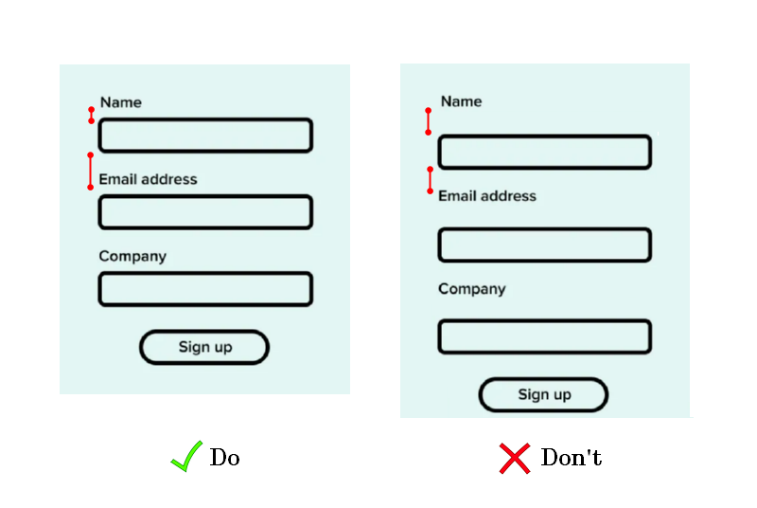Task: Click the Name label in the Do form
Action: coord(121,102)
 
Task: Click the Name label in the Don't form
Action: coord(461,101)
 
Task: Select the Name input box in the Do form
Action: coord(205,136)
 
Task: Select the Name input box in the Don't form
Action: coord(545,153)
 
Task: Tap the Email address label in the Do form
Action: coord(148,179)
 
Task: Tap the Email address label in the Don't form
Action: coord(487,196)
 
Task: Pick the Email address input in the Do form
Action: coord(205,212)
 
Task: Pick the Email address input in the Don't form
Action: coord(545,245)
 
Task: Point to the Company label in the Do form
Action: coord(132,256)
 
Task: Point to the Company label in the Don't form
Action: coord(472,289)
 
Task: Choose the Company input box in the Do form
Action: coord(205,289)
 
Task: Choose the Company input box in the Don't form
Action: coord(545,336)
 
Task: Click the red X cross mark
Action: coord(515,458)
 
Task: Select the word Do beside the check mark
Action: coord(224,457)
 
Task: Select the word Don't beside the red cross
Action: coord(572,457)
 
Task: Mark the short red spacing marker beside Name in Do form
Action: coord(91,115)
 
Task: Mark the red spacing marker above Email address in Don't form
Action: coord(431,180)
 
